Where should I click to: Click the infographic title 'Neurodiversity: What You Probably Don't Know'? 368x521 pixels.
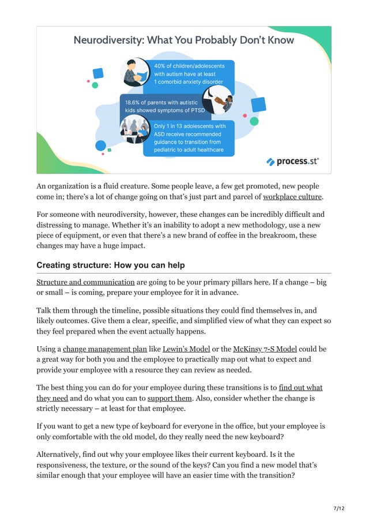[183, 40]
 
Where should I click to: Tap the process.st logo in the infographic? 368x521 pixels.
[292, 162]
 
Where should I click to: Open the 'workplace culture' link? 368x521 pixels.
[292, 197]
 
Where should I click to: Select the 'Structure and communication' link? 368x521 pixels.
[85, 282]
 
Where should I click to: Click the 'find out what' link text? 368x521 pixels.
[301, 387]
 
